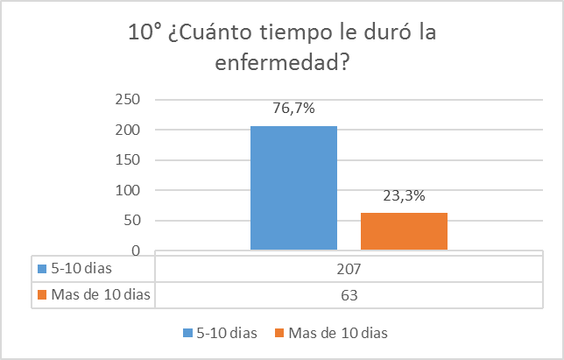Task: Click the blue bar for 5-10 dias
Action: (x=293, y=188)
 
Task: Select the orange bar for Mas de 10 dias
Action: (x=404, y=231)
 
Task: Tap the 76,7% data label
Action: (x=293, y=109)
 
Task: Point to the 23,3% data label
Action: (x=404, y=195)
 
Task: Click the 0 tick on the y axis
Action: (x=138, y=251)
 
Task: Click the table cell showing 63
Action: (x=349, y=295)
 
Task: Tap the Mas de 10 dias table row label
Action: (x=99, y=295)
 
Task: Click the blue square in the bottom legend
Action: (x=188, y=333)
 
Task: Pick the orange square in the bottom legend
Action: (x=279, y=333)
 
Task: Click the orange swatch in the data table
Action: (x=39, y=295)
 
